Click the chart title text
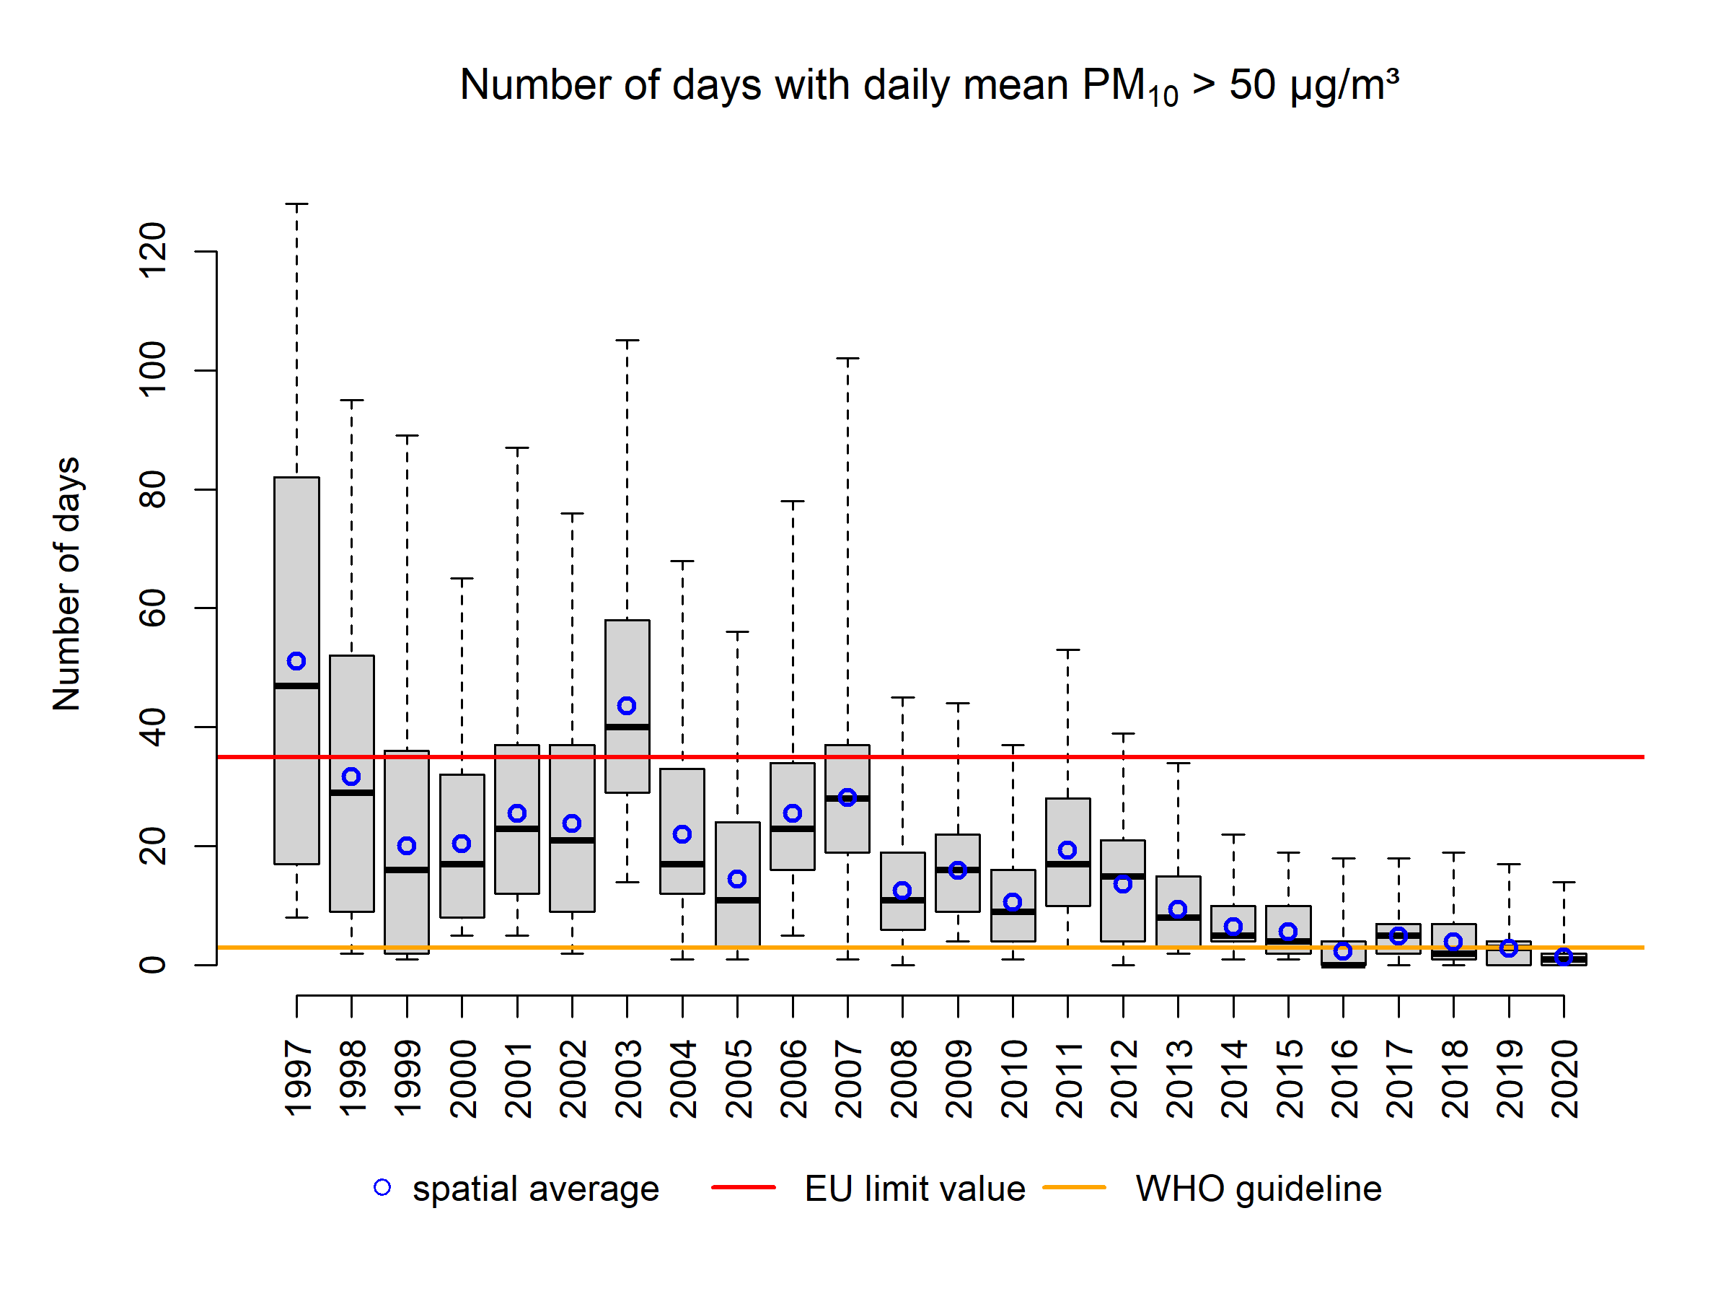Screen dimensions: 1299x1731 tap(929, 85)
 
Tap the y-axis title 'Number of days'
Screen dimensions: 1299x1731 tap(67, 584)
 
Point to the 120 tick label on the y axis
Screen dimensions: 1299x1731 tap(153, 250)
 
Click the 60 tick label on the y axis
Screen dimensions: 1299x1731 tap(153, 608)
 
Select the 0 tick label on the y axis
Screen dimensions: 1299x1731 tap(153, 965)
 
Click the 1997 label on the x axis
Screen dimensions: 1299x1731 tap(297, 1078)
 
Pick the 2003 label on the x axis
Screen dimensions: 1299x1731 tap(627, 1078)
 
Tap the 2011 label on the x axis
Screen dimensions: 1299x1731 tap(1068, 1078)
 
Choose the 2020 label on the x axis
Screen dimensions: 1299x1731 tap(1564, 1078)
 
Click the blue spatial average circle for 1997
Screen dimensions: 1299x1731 tap(296, 661)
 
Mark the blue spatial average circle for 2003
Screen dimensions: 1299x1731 tap(627, 706)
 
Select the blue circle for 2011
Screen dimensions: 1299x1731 tap(1067, 849)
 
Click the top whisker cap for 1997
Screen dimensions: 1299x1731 tap(296, 204)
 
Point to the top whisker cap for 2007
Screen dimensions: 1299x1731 tap(847, 359)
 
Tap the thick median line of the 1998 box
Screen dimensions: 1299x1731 tap(351, 792)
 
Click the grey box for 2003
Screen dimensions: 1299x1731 tap(627, 665)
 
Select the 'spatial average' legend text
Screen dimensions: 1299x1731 tap(536, 1189)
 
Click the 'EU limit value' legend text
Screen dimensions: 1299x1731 tap(915, 1189)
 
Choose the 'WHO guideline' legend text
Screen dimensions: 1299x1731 tap(1259, 1189)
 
